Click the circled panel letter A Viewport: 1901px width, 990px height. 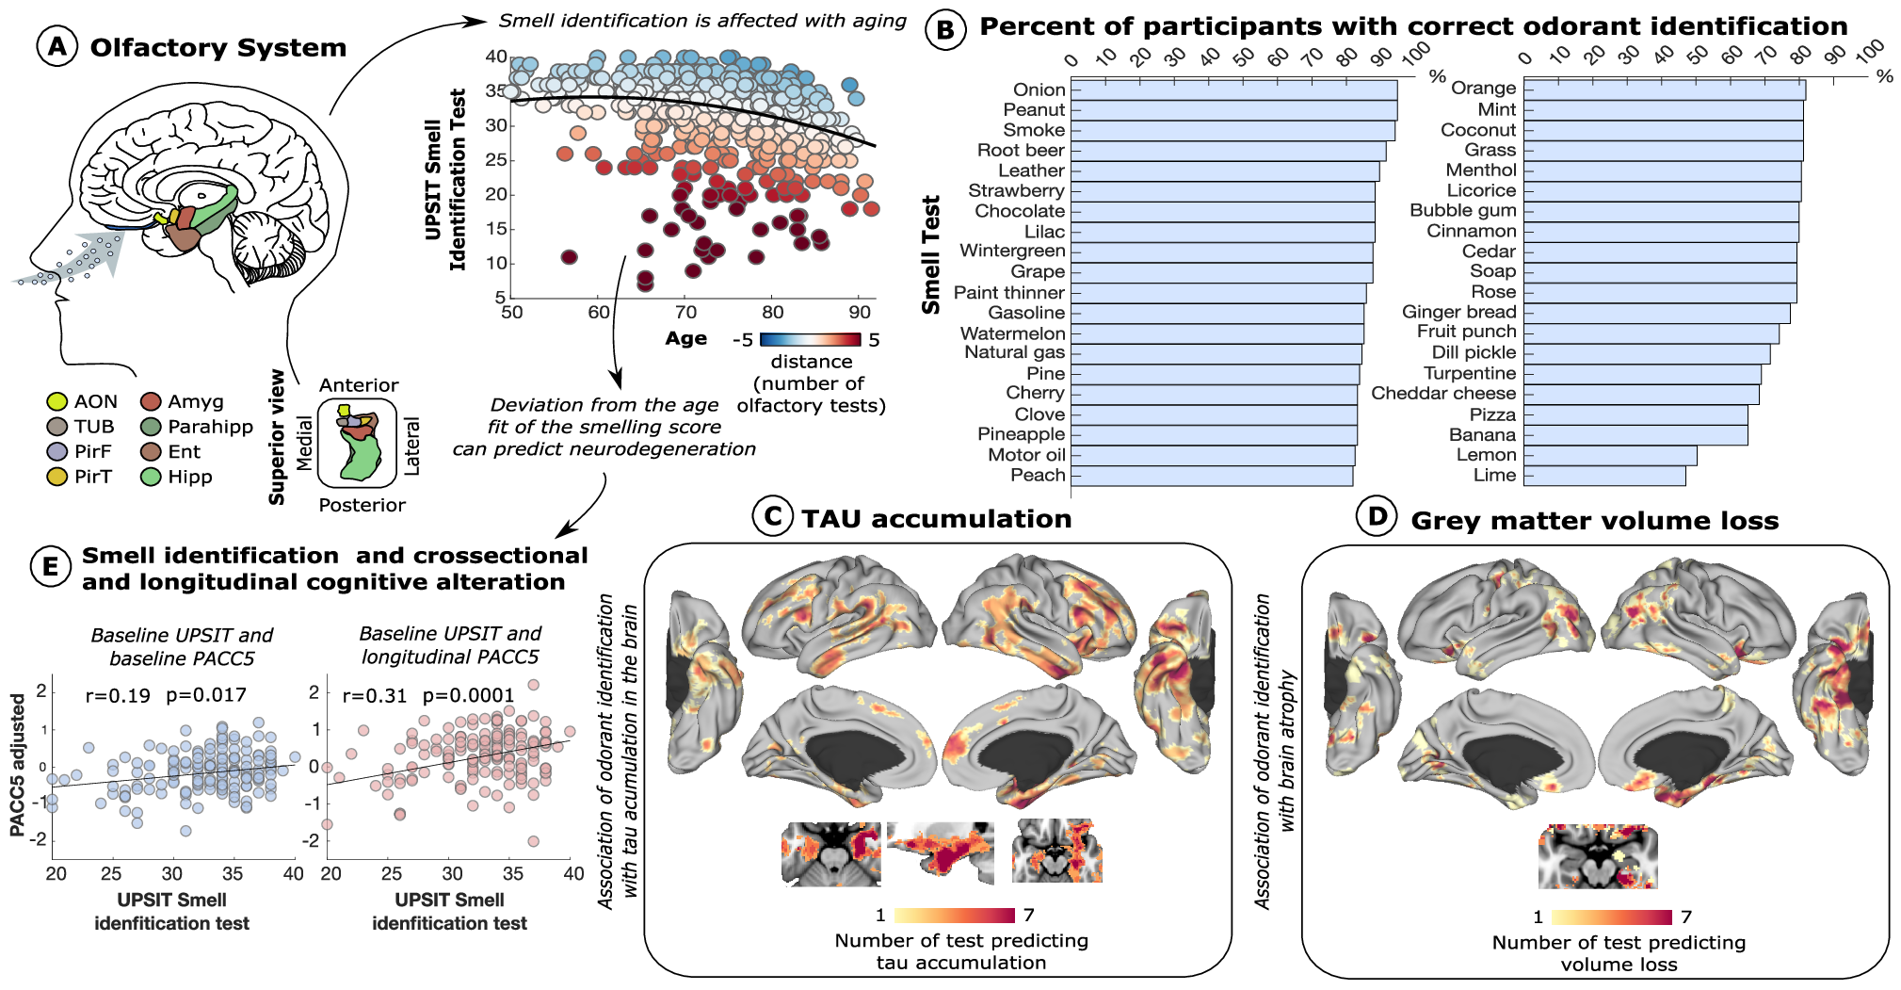click(x=57, y=45)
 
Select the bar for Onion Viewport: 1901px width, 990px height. click(x=1233, y=89)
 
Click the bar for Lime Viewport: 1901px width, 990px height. click(x=1604, y=476)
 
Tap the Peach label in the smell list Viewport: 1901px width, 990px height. click(x=1038, y=475)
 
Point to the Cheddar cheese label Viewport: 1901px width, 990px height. click(x=1443, y=393)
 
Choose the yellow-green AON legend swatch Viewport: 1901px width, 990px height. click(x=57, y=402)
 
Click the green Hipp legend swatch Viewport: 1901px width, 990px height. click(x=151, y=477)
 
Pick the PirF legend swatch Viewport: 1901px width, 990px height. click(x=57, y=452)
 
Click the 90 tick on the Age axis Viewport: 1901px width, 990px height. click(x=859, y=312)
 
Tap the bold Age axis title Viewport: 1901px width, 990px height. click(x=685, y=338)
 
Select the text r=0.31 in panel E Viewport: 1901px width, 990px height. click(x=374, y=696)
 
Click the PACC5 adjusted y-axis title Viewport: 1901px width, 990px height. click(x=17, y=765)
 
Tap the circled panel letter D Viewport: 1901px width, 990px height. click(x=1377, y=516)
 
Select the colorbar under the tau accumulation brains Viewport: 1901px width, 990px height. click(x=954, y=915)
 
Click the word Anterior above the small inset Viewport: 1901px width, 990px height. click(x=359, y=385)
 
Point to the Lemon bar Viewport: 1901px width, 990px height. click(x=1610, y=455)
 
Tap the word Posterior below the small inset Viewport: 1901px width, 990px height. click(x=362, y=505)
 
